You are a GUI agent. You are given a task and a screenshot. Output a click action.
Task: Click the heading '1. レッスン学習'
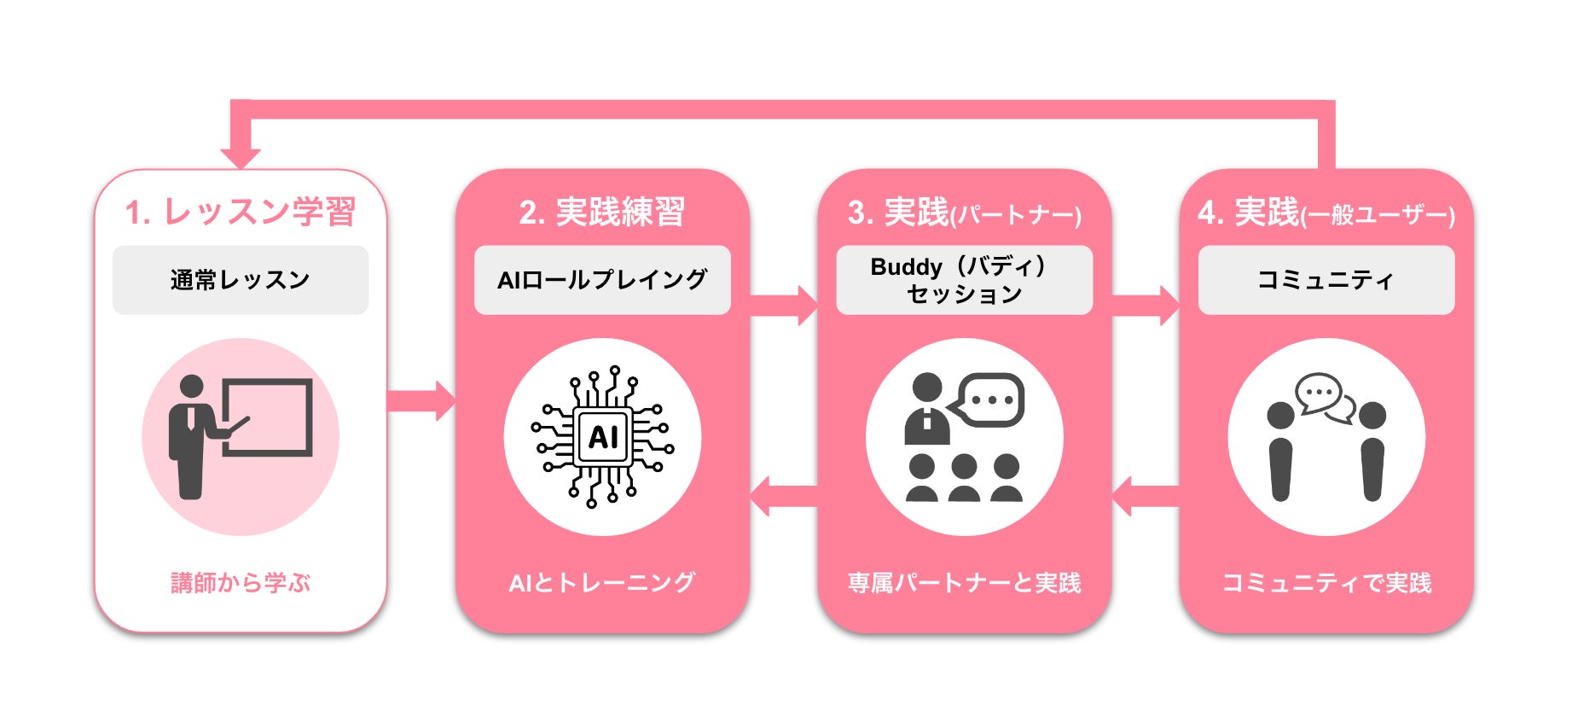[240, 212]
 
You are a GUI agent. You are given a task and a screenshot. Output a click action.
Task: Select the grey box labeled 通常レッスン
[240, 280]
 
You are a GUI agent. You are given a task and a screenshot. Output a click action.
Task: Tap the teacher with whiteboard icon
[240, 436]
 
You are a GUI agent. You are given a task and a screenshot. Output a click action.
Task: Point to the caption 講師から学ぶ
[240, 583]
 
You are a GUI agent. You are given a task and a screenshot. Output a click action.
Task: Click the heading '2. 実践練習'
[601, 212]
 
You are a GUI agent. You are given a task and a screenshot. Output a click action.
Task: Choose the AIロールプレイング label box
[601, 280]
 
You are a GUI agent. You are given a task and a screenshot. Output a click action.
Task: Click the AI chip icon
[602, 436]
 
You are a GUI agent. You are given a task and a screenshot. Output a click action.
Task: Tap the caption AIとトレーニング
[601, 583]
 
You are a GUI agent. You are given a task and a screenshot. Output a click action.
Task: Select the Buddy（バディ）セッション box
[964, 280]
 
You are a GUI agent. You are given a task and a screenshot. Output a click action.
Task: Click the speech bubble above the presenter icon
[989, 399]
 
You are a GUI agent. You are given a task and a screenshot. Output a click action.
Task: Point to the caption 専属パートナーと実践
[964, 583]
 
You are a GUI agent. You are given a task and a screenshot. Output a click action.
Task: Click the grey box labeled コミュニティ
[1326, 280]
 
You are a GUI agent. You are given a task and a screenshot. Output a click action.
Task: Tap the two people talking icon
[1326, 436]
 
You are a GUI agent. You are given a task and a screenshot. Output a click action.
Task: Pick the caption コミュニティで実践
[1326, 583]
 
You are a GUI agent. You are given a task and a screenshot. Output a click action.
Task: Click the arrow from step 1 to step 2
[421, 400]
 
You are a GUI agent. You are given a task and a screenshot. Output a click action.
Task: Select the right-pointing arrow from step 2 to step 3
[783, 305]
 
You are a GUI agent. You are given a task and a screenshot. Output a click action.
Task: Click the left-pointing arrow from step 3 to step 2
[783, 496]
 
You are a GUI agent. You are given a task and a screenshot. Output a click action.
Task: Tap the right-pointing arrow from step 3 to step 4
[1145, 305]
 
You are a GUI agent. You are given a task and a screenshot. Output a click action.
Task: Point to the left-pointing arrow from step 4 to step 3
[1145, 496]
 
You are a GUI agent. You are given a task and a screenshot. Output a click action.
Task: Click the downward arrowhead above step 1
[241, 156]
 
